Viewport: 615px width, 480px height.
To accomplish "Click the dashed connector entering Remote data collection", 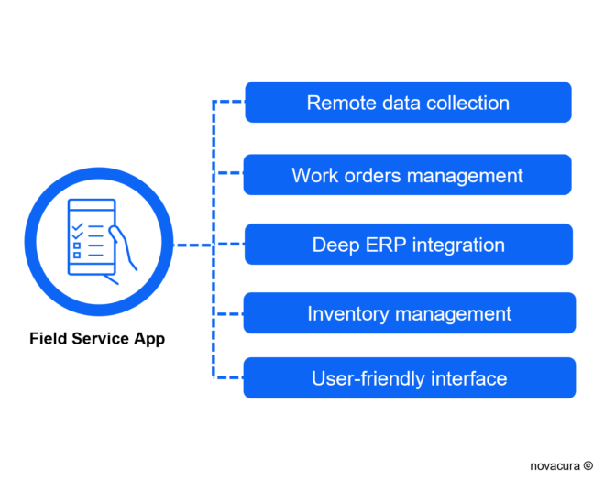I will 228,100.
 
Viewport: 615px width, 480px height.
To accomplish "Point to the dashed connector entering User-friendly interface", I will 228,376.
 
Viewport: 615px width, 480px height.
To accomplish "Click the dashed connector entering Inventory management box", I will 228,313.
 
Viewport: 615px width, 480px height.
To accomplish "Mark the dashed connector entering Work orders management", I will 228,172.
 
